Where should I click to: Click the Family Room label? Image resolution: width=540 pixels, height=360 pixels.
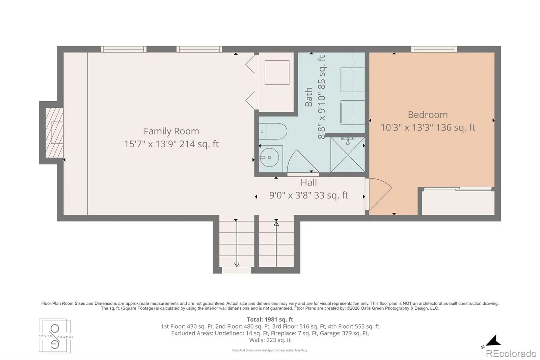click(171, 131)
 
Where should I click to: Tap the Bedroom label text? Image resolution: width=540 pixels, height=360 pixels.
click(428, 114)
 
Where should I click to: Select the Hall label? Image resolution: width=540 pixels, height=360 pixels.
click(308, 182)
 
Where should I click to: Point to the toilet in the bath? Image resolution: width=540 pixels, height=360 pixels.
click(273, 131)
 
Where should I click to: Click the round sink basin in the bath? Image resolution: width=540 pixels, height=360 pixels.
click(270, 158)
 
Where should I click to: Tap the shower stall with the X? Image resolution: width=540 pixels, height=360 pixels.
click(347, 155)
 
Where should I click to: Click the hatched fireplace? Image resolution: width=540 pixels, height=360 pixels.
click(54, 133)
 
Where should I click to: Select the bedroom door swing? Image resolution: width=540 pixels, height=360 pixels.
click(378, 194)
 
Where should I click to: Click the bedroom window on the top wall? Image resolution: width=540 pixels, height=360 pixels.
click(434, 49)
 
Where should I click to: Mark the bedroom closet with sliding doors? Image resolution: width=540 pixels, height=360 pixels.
click(458, 202)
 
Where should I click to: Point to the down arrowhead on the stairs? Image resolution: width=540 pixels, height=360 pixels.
click(237, 265)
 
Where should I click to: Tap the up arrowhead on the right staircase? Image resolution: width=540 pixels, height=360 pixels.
click(276, 224)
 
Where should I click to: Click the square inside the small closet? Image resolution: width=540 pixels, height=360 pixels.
click(277, 73)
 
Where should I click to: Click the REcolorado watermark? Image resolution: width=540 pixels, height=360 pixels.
click(511, 354)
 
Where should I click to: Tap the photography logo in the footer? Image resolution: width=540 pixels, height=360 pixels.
click(55, 336)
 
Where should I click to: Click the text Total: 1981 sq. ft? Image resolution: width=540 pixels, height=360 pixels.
click(270, 319)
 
